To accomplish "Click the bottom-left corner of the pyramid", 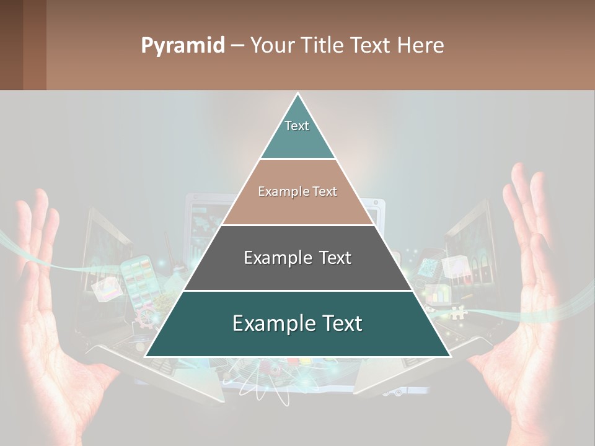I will pos(146,356).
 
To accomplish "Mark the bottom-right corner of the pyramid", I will pos(449,356).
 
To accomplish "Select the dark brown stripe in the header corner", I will pos(34,45).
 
